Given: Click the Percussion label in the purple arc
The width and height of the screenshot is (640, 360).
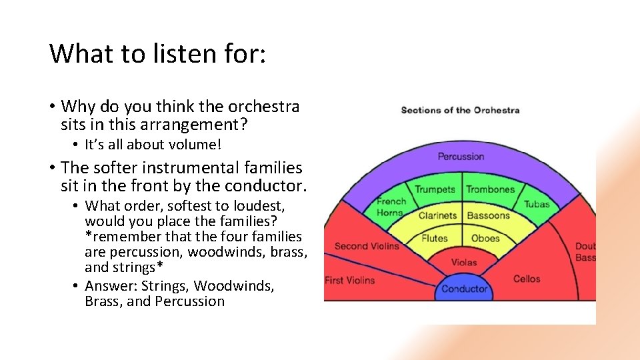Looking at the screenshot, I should [x=461, y=157].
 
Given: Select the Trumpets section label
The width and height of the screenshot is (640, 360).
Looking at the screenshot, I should [x=435, y=189].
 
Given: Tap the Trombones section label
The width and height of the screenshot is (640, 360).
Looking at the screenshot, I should [x=491, y=189].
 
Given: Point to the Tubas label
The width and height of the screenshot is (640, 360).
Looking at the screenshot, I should [x=537, y=204].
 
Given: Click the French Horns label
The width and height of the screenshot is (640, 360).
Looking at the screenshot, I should [x=390, y=207].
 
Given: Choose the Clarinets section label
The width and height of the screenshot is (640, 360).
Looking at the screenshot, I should [x=437, y=215].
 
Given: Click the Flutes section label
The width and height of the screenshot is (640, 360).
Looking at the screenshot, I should [x=435, y=238].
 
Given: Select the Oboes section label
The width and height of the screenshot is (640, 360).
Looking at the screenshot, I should [x=485, y=238].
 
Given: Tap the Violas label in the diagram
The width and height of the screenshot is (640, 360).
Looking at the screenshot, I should [x=464, y=262].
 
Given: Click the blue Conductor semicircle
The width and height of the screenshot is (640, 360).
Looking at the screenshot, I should [x=465, y=288].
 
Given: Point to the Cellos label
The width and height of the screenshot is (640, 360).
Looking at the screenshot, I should [x=527, y=279].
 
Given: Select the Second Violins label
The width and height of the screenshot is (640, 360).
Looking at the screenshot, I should [x=367, y=246].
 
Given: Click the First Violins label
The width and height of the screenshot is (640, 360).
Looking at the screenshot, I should [x=349, y=280].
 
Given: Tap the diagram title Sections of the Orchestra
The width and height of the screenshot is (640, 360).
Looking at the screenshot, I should [x=460, y=110].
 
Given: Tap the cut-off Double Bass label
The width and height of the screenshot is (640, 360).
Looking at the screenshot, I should [x=585, y=252].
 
